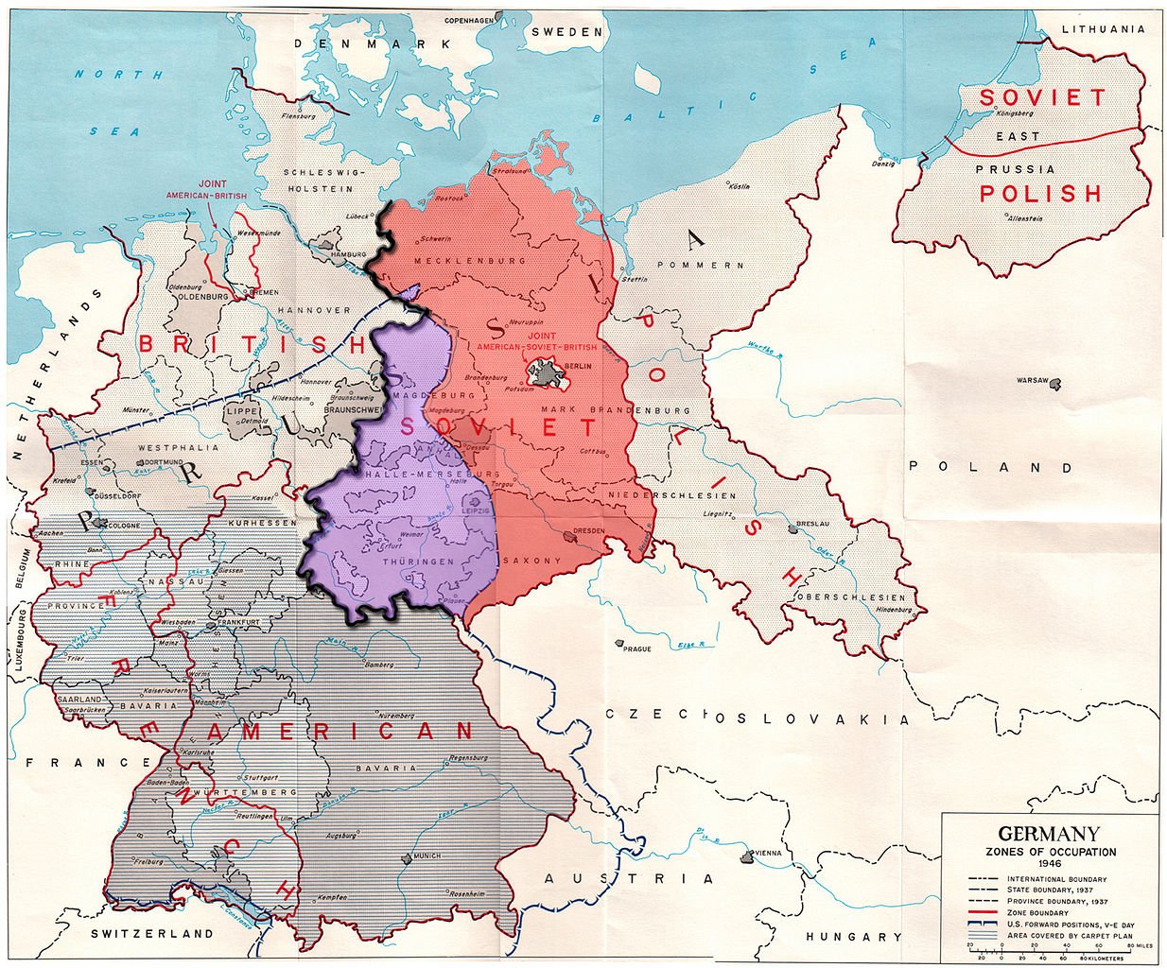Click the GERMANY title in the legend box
click(x=1049, y=835)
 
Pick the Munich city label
click(x=427, y=856)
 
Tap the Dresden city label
click(x=587, y=530)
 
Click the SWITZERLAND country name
click(x=152, y=933)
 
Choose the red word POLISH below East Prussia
click(x=1040, y=194)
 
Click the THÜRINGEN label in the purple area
click(x=411, y=561)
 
